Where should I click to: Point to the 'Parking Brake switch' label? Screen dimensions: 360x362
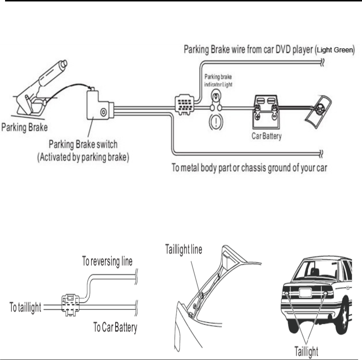(84, 145)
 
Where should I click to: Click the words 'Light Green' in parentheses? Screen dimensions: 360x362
(334, 51)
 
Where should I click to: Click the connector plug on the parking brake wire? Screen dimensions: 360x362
(184, 105)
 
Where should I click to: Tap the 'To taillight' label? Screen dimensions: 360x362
(25, 309)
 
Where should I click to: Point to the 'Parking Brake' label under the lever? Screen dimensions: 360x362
(25, 127)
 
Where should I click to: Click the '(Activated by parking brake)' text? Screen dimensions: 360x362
(84, 158)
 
